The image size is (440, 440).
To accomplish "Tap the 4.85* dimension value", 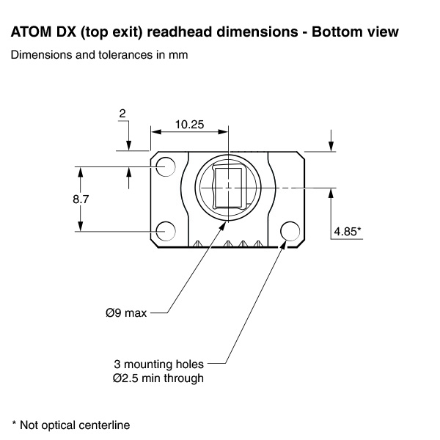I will (x=347, y=231).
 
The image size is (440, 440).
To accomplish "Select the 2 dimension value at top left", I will (x=122, y=113).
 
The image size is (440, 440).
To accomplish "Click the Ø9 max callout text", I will (x=125, y=313).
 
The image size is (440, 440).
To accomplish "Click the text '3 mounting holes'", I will (x=158, y=364).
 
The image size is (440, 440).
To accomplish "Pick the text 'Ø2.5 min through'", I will (x=158, y=378).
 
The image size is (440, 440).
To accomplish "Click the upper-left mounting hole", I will (x=166, y=167).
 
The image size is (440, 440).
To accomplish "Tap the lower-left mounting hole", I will (x=166, y=230).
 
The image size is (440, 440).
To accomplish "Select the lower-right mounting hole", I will (x=291, y=231).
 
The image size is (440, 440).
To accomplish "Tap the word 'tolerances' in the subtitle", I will (x=106, y=55).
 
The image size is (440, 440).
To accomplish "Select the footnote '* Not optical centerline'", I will (x=70, y=424).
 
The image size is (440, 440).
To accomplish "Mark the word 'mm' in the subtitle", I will (x=178, y=55).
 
